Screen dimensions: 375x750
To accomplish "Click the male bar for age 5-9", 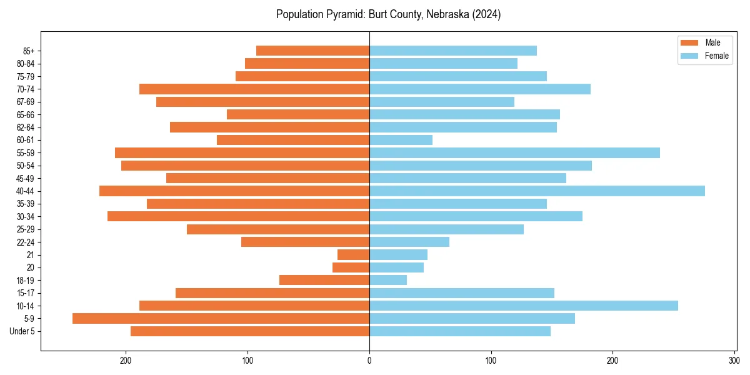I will [x=221, y=319].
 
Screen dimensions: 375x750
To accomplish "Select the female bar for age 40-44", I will [x=537, y=191].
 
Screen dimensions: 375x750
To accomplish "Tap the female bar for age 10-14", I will [x=524, y=306].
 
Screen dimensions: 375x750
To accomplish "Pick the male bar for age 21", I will [x=353, y=255].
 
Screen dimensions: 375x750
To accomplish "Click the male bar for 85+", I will [x=312, y=51].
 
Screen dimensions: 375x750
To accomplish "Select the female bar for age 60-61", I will [x=401, y=140].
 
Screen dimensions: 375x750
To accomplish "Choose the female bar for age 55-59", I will [x=514, y=153].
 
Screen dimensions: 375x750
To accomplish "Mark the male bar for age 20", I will [x=351, y=267].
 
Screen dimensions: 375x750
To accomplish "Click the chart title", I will [x=388, y=14].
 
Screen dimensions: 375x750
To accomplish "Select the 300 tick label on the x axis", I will [x=734, y=360].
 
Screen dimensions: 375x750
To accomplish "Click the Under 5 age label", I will [x=22, y=331].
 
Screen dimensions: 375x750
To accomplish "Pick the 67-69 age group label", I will [x=25, y=102].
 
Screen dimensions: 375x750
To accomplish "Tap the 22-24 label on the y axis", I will [x=25, y=242].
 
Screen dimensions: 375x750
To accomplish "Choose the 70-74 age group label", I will [x=25, y=89].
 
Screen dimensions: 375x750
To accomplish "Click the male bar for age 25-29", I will [x=278, y=229].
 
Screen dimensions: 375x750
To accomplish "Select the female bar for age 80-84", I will [x=443, y=64].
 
